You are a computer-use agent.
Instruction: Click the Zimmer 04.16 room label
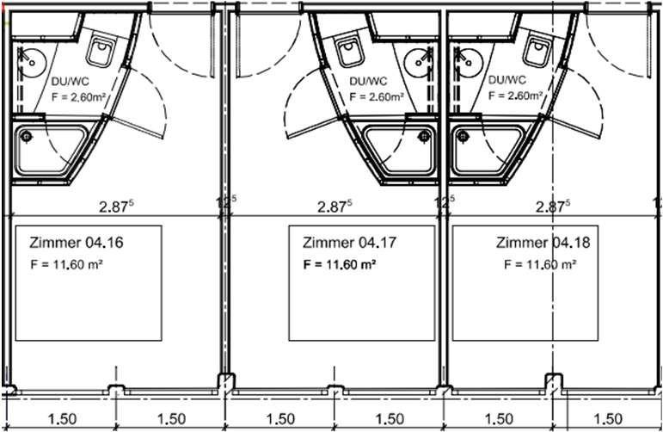77,243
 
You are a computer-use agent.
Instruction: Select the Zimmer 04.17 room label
349,243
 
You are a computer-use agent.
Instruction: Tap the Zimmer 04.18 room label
543,243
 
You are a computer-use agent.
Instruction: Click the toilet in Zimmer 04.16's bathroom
101,52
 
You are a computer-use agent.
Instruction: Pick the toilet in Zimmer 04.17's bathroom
350,52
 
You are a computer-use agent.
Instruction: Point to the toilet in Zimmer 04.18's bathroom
537,51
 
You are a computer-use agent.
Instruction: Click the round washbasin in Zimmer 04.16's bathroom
31,63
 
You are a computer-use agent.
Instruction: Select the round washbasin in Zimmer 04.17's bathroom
419,63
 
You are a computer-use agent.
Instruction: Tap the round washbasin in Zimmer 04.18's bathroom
468,62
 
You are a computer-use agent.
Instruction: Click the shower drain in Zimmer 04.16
27,136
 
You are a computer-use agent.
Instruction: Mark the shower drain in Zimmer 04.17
424,136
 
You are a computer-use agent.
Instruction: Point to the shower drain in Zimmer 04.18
463,136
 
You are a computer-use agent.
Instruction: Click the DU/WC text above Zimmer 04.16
71,81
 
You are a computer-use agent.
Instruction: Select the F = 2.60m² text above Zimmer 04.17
377,96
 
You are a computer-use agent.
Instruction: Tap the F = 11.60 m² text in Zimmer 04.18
540,264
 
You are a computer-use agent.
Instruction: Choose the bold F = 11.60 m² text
340,265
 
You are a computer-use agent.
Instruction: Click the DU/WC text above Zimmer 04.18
507,80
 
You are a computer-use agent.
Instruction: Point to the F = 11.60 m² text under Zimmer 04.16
67,265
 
